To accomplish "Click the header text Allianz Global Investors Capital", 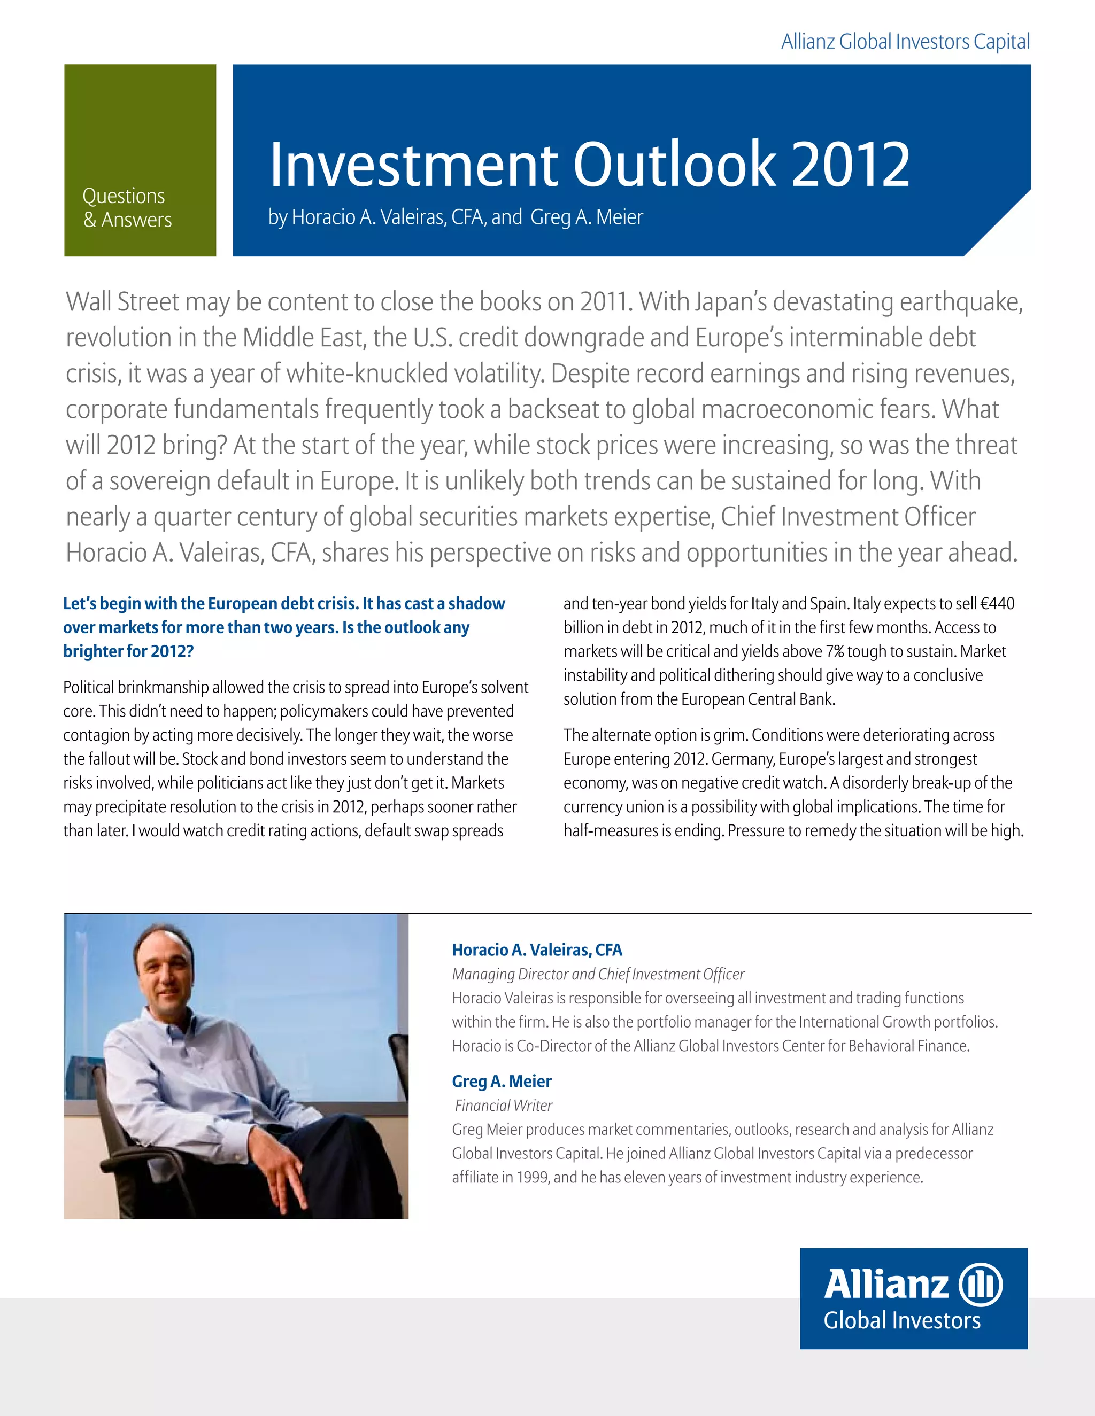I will pos(905,42).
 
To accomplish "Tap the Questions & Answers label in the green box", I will pos(127,207).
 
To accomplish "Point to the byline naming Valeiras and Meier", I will pos(456,217).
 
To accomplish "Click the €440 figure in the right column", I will pos(998,604).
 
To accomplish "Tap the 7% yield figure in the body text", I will pos(834,651).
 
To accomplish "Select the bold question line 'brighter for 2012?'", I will pos(128,651).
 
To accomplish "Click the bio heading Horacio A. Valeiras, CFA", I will pos(537,950).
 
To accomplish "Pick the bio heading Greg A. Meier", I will pos(502,1082).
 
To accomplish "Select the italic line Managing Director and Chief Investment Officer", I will pos(598,975).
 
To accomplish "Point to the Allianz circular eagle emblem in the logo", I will pos(980,1285).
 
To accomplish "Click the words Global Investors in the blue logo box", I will pos(901,1321).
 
